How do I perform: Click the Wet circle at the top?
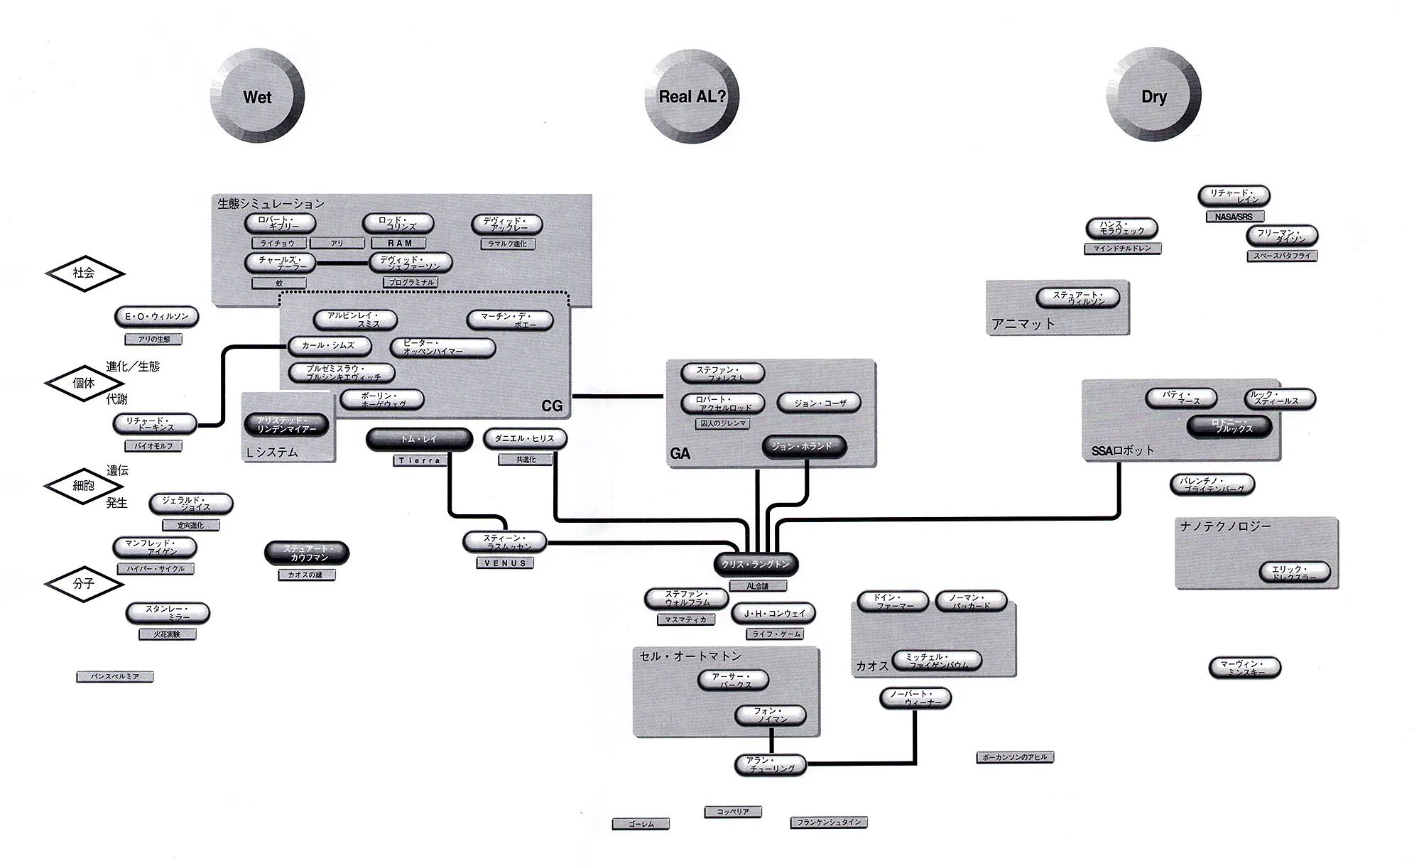tap(257, 97)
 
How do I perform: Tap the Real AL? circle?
tap(692, 97)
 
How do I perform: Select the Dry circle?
tap(1153, 97)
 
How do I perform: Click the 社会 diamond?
tap(85, 273)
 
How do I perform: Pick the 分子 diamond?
tap(84, 583)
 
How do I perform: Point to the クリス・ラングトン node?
tap(755, 564)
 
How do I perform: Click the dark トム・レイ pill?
tap(419, 440)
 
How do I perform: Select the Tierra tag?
tap(419, 460)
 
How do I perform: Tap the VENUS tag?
tap(505, 563)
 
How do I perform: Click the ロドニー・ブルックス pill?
tap(1229, 426)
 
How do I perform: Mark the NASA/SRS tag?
tap(1234, 217)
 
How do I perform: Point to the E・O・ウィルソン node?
tap(156, 317)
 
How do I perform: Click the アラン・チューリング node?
tap(771, 764)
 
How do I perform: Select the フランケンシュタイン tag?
tap(828, 822)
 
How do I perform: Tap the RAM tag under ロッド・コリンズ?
tap(399, 243)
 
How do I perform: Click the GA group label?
tap(680, 453)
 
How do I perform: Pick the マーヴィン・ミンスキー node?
tap(1244, 668)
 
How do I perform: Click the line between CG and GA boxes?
tap(618, 396)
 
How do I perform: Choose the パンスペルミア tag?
tap(115, 677)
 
